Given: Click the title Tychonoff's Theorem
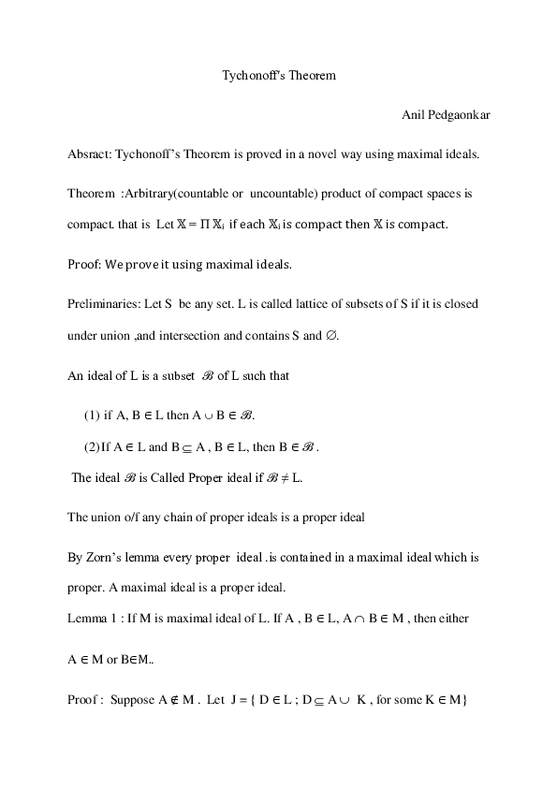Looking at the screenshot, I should [278, 74].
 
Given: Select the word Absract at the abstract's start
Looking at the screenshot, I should [88, 153].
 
